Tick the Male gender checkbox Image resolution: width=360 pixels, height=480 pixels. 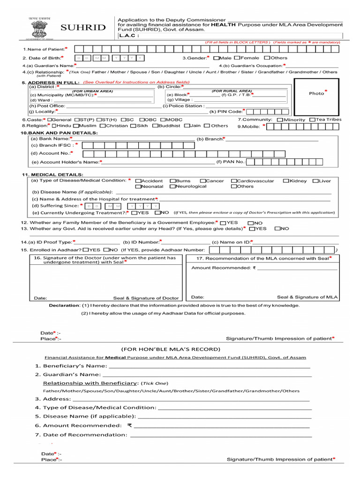point(216,58)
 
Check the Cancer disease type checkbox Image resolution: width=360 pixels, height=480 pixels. point(202,181)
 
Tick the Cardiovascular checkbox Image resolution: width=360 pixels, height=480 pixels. point(234,181)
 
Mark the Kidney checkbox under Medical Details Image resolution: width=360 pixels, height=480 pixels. point(286,181)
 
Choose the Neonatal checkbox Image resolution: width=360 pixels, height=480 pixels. point(138,187)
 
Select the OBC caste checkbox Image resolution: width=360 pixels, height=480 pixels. point(141,120)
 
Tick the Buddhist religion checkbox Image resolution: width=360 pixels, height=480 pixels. point(155,126)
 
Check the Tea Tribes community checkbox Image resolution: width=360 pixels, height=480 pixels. point(313,120)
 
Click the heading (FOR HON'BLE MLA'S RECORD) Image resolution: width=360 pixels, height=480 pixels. point(171,349)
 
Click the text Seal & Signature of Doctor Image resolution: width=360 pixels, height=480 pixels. point(146,298)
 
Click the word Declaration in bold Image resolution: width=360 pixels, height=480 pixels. point(64,305)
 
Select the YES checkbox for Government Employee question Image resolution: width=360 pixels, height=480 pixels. point(223,223)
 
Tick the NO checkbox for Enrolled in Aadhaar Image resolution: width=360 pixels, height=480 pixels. point(106,250)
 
